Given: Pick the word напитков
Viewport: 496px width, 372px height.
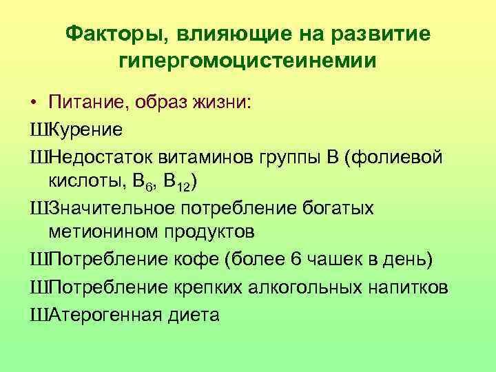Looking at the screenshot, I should (x=408, y=286).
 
